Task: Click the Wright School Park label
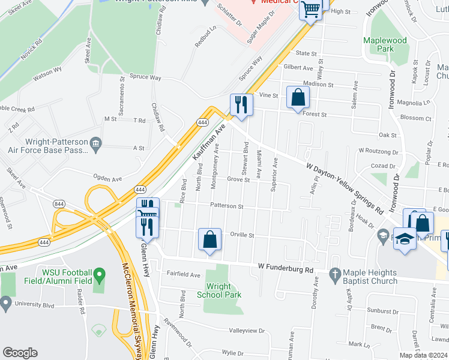(x=219, y=290)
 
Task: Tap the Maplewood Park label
(x=385, y=44)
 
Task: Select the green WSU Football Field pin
(x=100, y=276)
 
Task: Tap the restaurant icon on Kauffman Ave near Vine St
(x=241, y=104)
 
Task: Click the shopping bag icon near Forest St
(x=298, y=98)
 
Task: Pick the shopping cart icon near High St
(x=311, y=9)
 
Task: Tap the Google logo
(x=20, y=353)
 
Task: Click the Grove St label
(x=238, y=179)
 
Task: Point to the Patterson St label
(x=226, y=206)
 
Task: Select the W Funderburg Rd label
(x=286, y=268)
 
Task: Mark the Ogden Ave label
(x=107, y=178)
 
